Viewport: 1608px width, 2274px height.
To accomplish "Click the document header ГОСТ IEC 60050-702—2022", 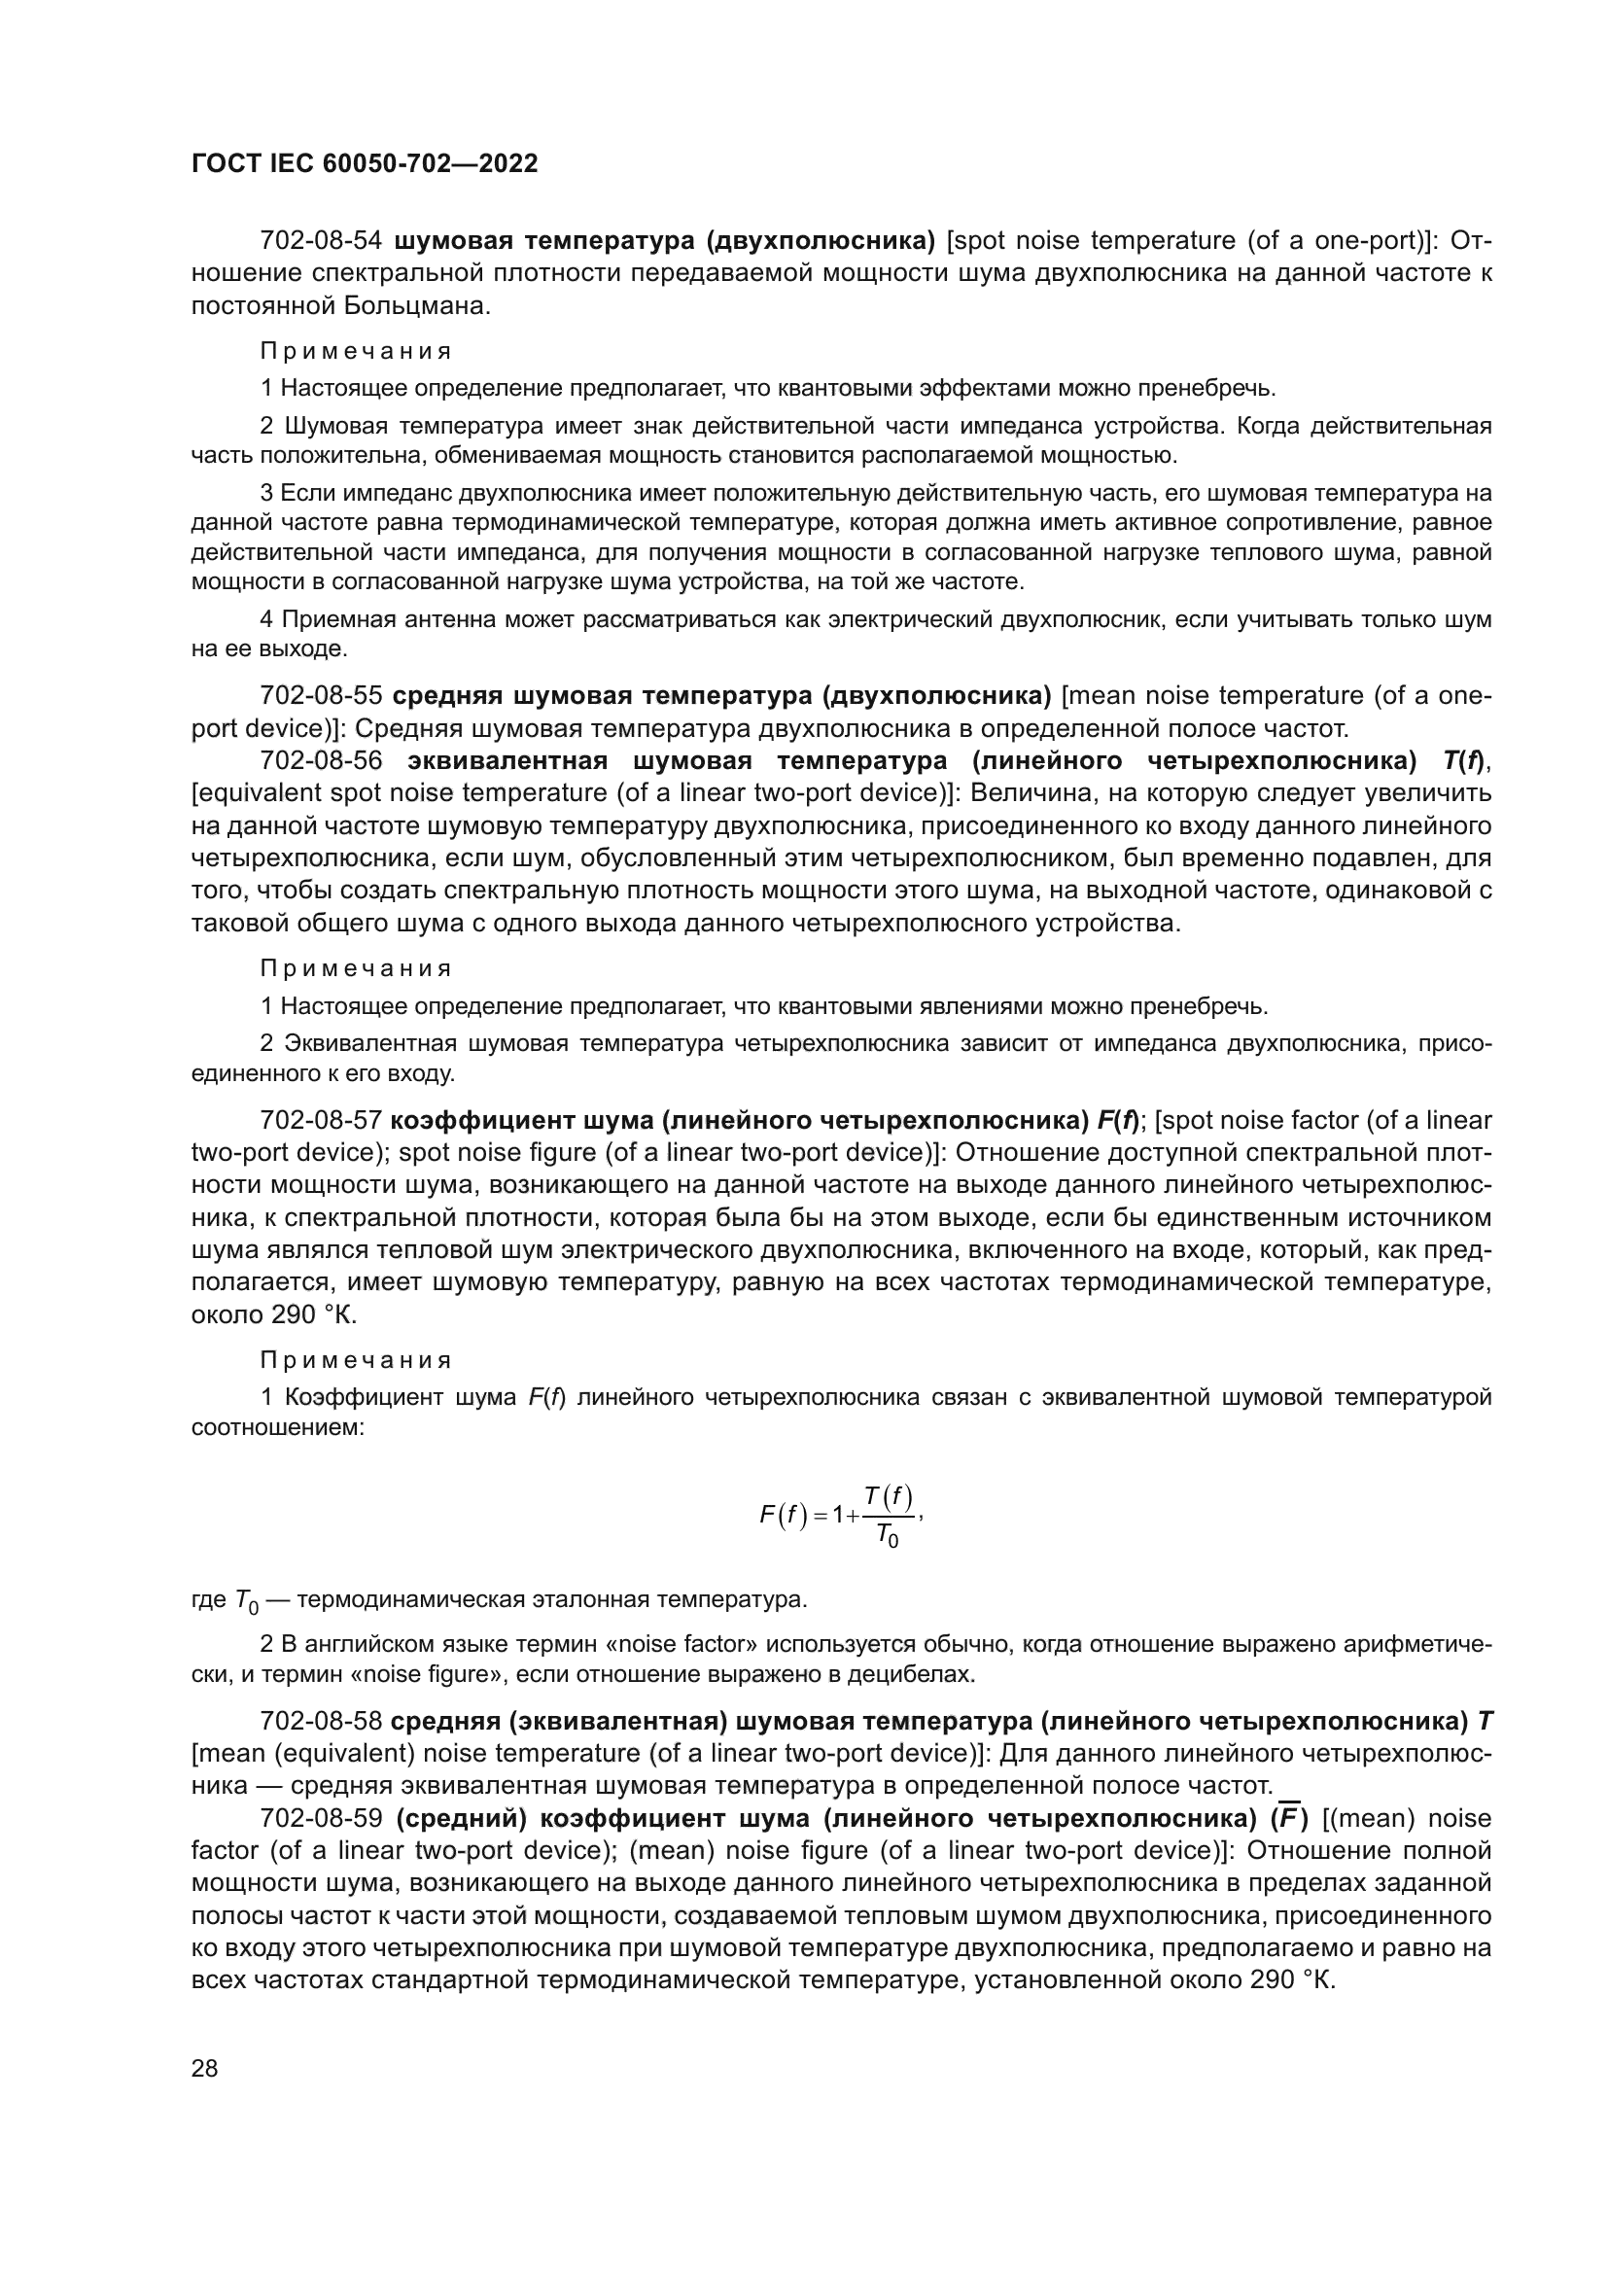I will (x=365, y=163).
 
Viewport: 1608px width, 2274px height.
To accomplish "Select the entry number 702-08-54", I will (x=321, y=241).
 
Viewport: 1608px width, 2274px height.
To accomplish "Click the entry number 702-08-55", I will (x=321, y=696).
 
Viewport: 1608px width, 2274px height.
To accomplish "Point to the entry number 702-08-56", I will (x=321, y=760).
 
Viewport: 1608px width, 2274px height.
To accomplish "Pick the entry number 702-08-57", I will (x=321, y=1120).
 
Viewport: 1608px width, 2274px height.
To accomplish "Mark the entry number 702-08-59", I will (x=321, y=1818).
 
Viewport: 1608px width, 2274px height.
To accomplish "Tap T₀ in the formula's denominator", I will (x=888, y=1537).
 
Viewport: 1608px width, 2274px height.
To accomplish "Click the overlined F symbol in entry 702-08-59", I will (x=1288, y=1818).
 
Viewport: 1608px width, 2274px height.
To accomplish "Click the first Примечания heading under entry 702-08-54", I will (x=356, y=351).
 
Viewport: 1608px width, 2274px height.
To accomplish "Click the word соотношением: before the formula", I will (x=277, y=1427).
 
